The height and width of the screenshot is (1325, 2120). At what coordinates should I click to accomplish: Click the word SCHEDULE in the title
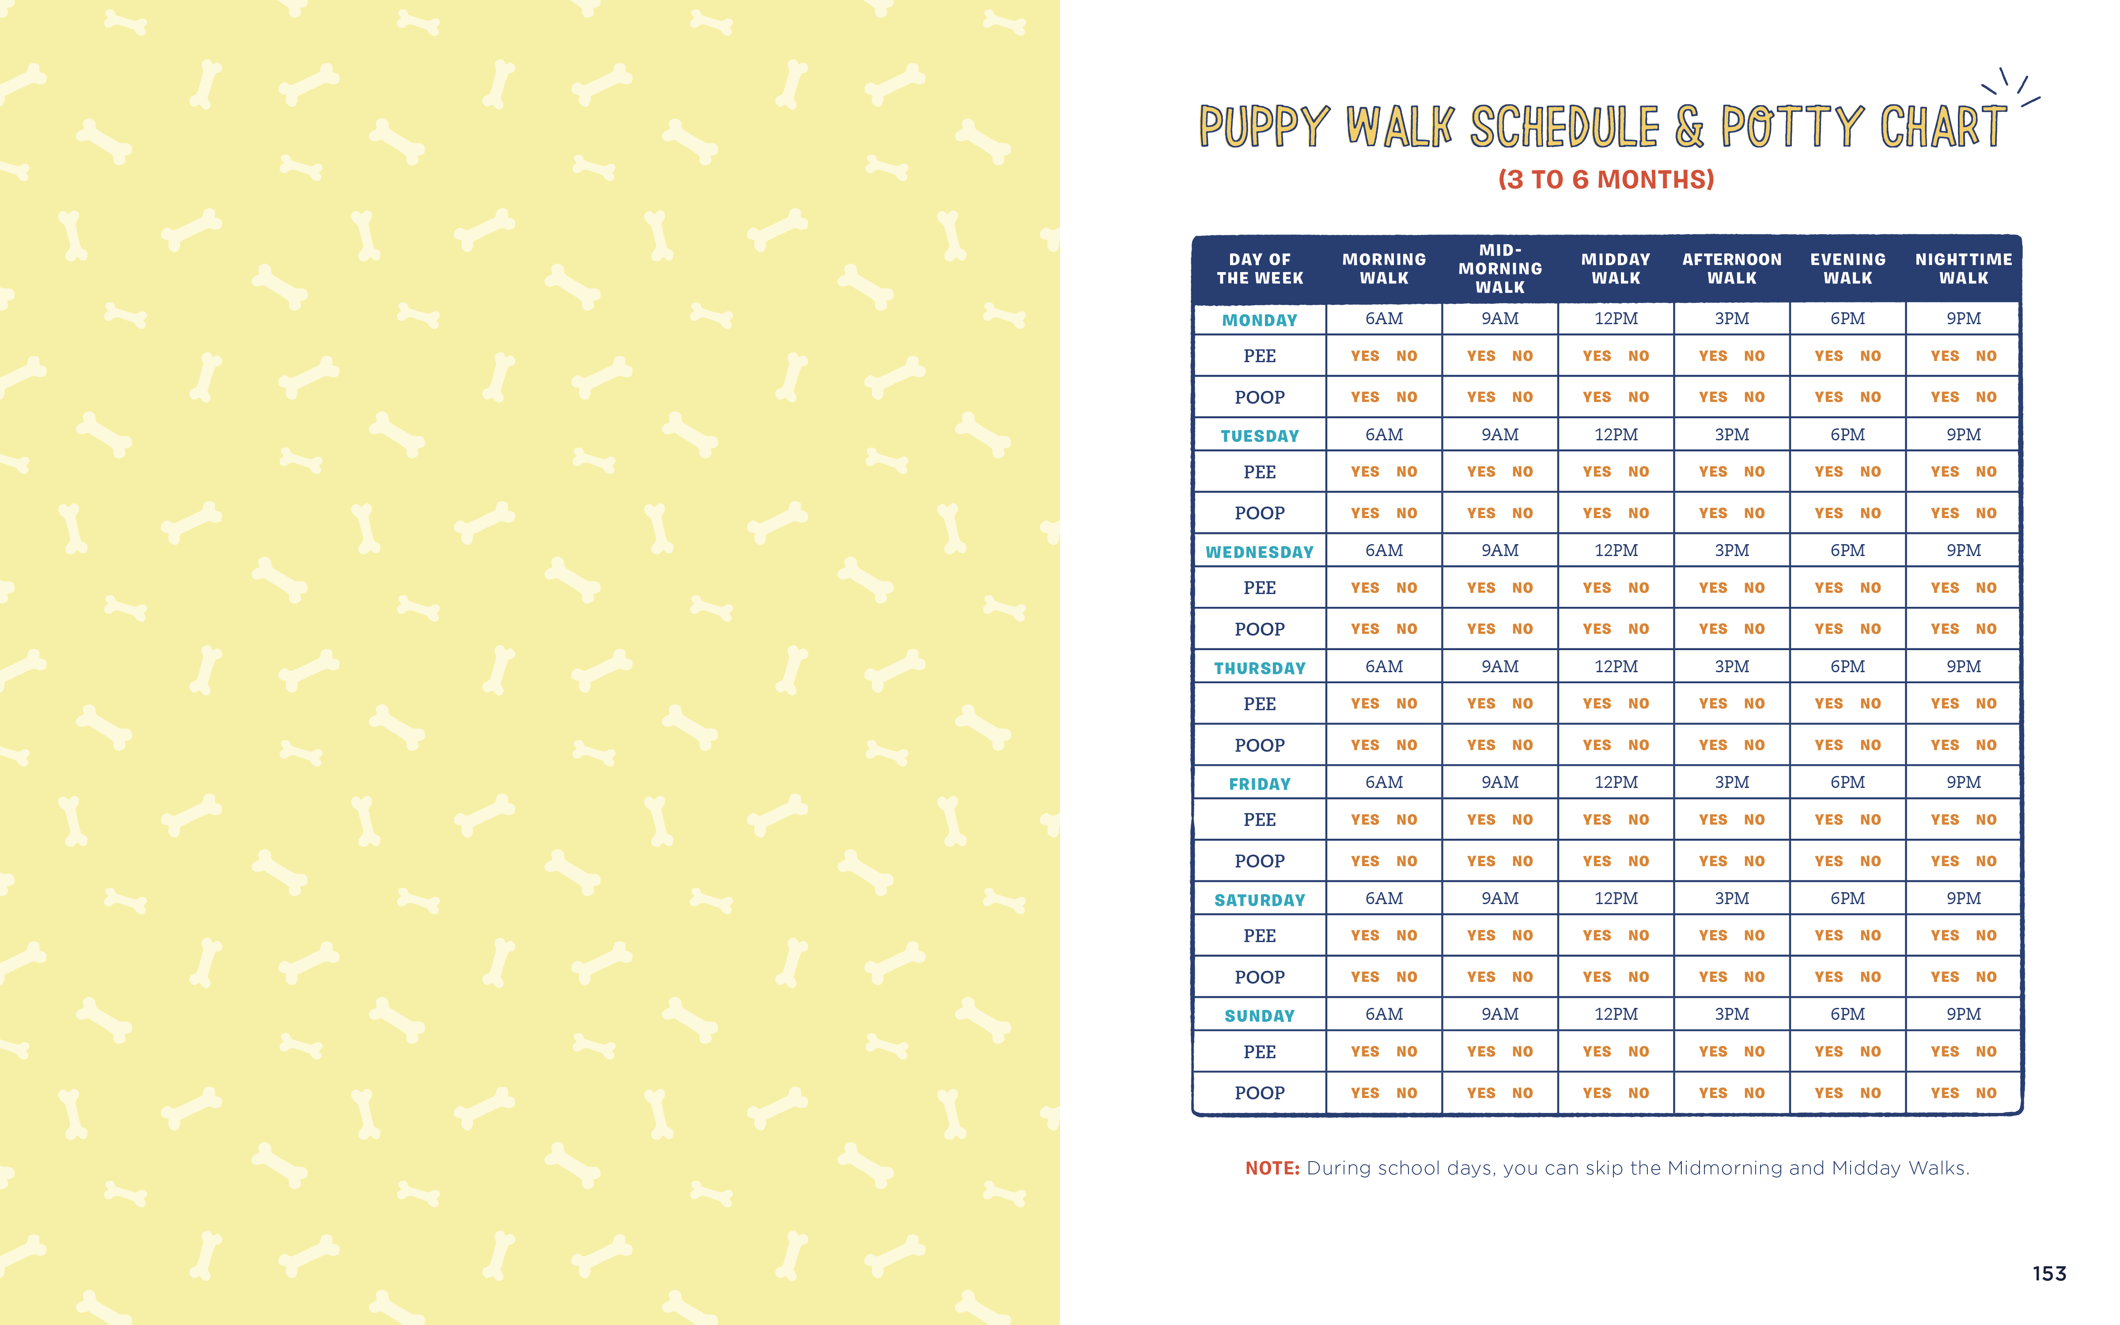[1564, 127]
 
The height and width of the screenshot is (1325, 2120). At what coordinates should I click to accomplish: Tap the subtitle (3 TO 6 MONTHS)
[1606, 180]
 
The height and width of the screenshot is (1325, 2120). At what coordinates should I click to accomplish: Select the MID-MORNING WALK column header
[1500, 268]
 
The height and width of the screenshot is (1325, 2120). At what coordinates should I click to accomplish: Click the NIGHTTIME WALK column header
[1963, 268]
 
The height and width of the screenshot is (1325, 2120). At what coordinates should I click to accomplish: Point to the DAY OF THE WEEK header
[1260, 268]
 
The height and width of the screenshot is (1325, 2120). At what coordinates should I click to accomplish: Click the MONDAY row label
[1260, 320]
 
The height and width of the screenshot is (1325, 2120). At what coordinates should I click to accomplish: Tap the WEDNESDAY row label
[1260, 552]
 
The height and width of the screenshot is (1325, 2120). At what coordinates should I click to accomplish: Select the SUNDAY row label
[1260, 1016]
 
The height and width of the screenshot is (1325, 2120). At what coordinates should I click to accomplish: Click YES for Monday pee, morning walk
[1365, 356]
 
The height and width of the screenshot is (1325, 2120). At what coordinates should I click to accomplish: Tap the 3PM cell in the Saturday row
[1732, 898]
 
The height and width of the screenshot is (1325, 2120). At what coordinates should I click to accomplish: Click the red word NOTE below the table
[1272, 1168]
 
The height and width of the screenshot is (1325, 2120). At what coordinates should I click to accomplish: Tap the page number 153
[2049, 1273]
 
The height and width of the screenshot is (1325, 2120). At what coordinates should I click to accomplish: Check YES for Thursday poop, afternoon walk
[1713, 745]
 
